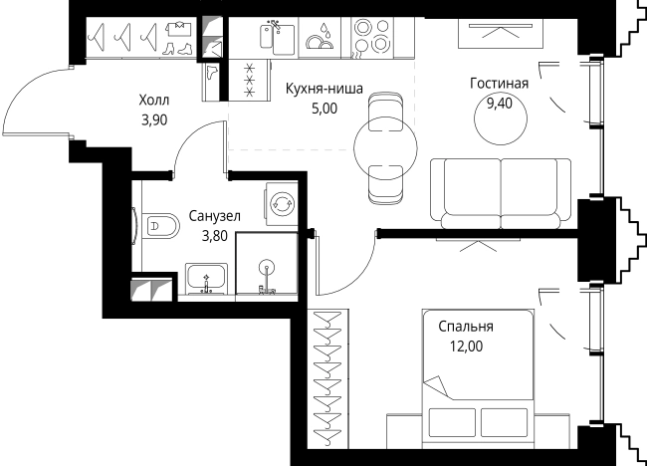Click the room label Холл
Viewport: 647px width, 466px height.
click(153, 100)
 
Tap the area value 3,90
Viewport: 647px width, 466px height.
click(153, 117)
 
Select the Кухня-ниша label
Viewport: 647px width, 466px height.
click(323, 89)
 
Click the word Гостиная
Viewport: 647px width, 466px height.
click(499, 83)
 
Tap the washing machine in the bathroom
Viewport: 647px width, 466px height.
click(282, 203)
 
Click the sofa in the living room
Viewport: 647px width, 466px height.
click(500, 190)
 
